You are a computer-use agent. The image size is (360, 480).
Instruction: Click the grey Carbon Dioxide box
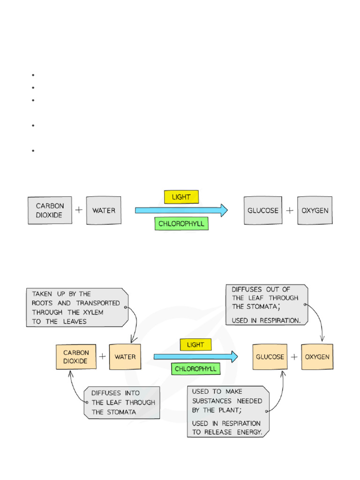click(50, 210)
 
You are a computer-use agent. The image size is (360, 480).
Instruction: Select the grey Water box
click(104, 210)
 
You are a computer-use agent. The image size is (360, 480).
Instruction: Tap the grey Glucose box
click(262, 210)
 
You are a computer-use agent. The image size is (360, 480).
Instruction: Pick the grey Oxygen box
click(315, 210)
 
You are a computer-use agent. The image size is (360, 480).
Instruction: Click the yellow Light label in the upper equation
click(181, 197)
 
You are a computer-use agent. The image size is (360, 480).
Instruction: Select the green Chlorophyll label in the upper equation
click(181, 224)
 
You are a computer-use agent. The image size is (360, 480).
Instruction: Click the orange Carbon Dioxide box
click(75, 357)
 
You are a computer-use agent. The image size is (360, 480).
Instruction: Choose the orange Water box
click(125, 357)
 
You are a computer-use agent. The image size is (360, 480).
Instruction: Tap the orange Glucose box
click(270, 357)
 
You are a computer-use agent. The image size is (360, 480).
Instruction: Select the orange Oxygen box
click(317, 357)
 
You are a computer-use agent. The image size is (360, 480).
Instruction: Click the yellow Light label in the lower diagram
click(195, 345)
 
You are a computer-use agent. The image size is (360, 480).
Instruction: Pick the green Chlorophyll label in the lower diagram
click(195, 369)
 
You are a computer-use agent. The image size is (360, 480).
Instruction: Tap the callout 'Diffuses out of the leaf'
click(266, 304)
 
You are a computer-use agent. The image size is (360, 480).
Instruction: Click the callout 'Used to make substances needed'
click(228, 411)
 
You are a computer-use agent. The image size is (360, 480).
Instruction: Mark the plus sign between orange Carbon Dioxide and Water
click(102, 357)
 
